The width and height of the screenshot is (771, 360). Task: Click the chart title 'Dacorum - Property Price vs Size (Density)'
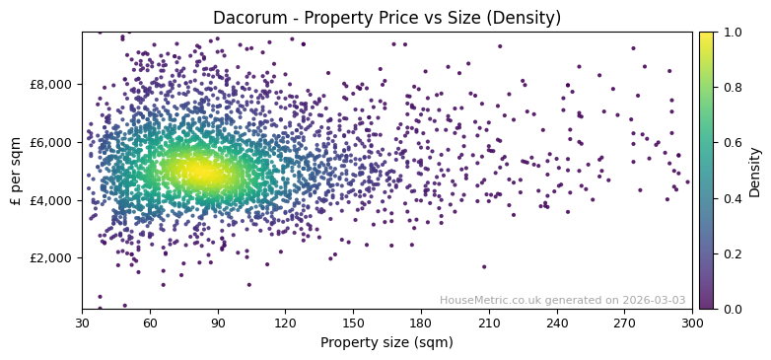[x=386, y=18]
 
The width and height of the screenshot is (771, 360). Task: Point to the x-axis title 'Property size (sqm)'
[x=386, y=343]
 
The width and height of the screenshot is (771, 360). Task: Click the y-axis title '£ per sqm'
[x=17, y=171]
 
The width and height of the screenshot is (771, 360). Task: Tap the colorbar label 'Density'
[x=755, y=171]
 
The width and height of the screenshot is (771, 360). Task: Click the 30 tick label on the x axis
[x=82, y=323]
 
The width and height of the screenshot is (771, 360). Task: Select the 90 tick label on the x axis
[x=218, y=323]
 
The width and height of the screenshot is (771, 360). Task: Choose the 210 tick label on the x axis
[x=489, y=323]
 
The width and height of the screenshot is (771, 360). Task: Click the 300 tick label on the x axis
[x=692, y=323]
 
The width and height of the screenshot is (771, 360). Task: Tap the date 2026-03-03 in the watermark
[x=655, y=301]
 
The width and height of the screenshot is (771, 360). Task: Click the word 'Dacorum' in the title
[x=246, y=18]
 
